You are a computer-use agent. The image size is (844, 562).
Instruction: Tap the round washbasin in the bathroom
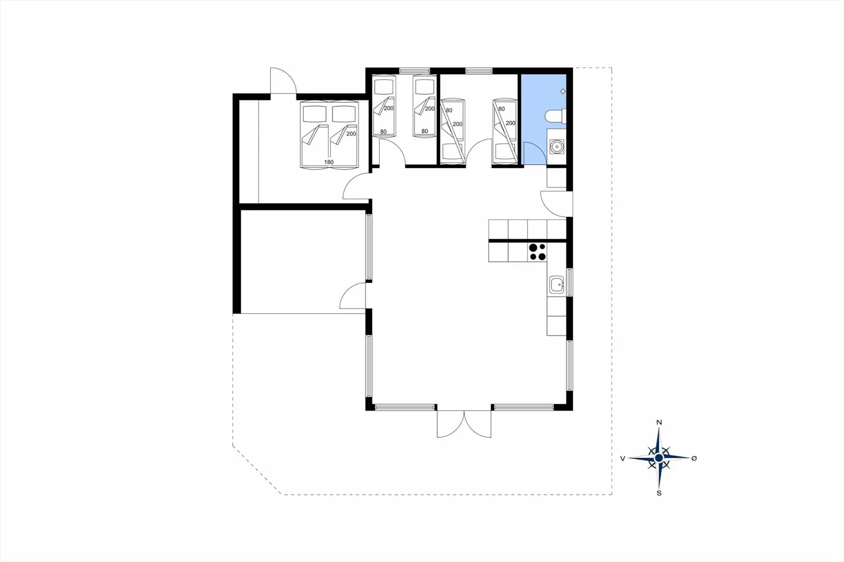(557, 146)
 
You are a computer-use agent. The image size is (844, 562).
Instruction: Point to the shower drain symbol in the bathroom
(563, 91)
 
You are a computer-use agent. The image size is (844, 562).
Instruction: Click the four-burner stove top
(537, 252)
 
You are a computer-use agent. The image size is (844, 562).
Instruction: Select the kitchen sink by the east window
(557, 285)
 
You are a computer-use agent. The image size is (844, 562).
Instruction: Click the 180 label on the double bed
(329, 162)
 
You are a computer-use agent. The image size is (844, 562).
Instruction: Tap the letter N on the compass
(659, 422)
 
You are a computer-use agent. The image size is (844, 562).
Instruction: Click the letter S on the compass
(659, 493)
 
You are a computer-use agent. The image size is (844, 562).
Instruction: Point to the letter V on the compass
(622, 459)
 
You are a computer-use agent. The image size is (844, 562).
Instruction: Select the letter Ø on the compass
(694, 458)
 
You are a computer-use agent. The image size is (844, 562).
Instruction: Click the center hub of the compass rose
(658, 458)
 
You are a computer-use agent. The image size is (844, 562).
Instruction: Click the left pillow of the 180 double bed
(314, 114)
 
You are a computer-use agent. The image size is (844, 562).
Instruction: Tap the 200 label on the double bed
(351, 134)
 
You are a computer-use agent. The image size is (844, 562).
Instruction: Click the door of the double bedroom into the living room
(356, 186)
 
